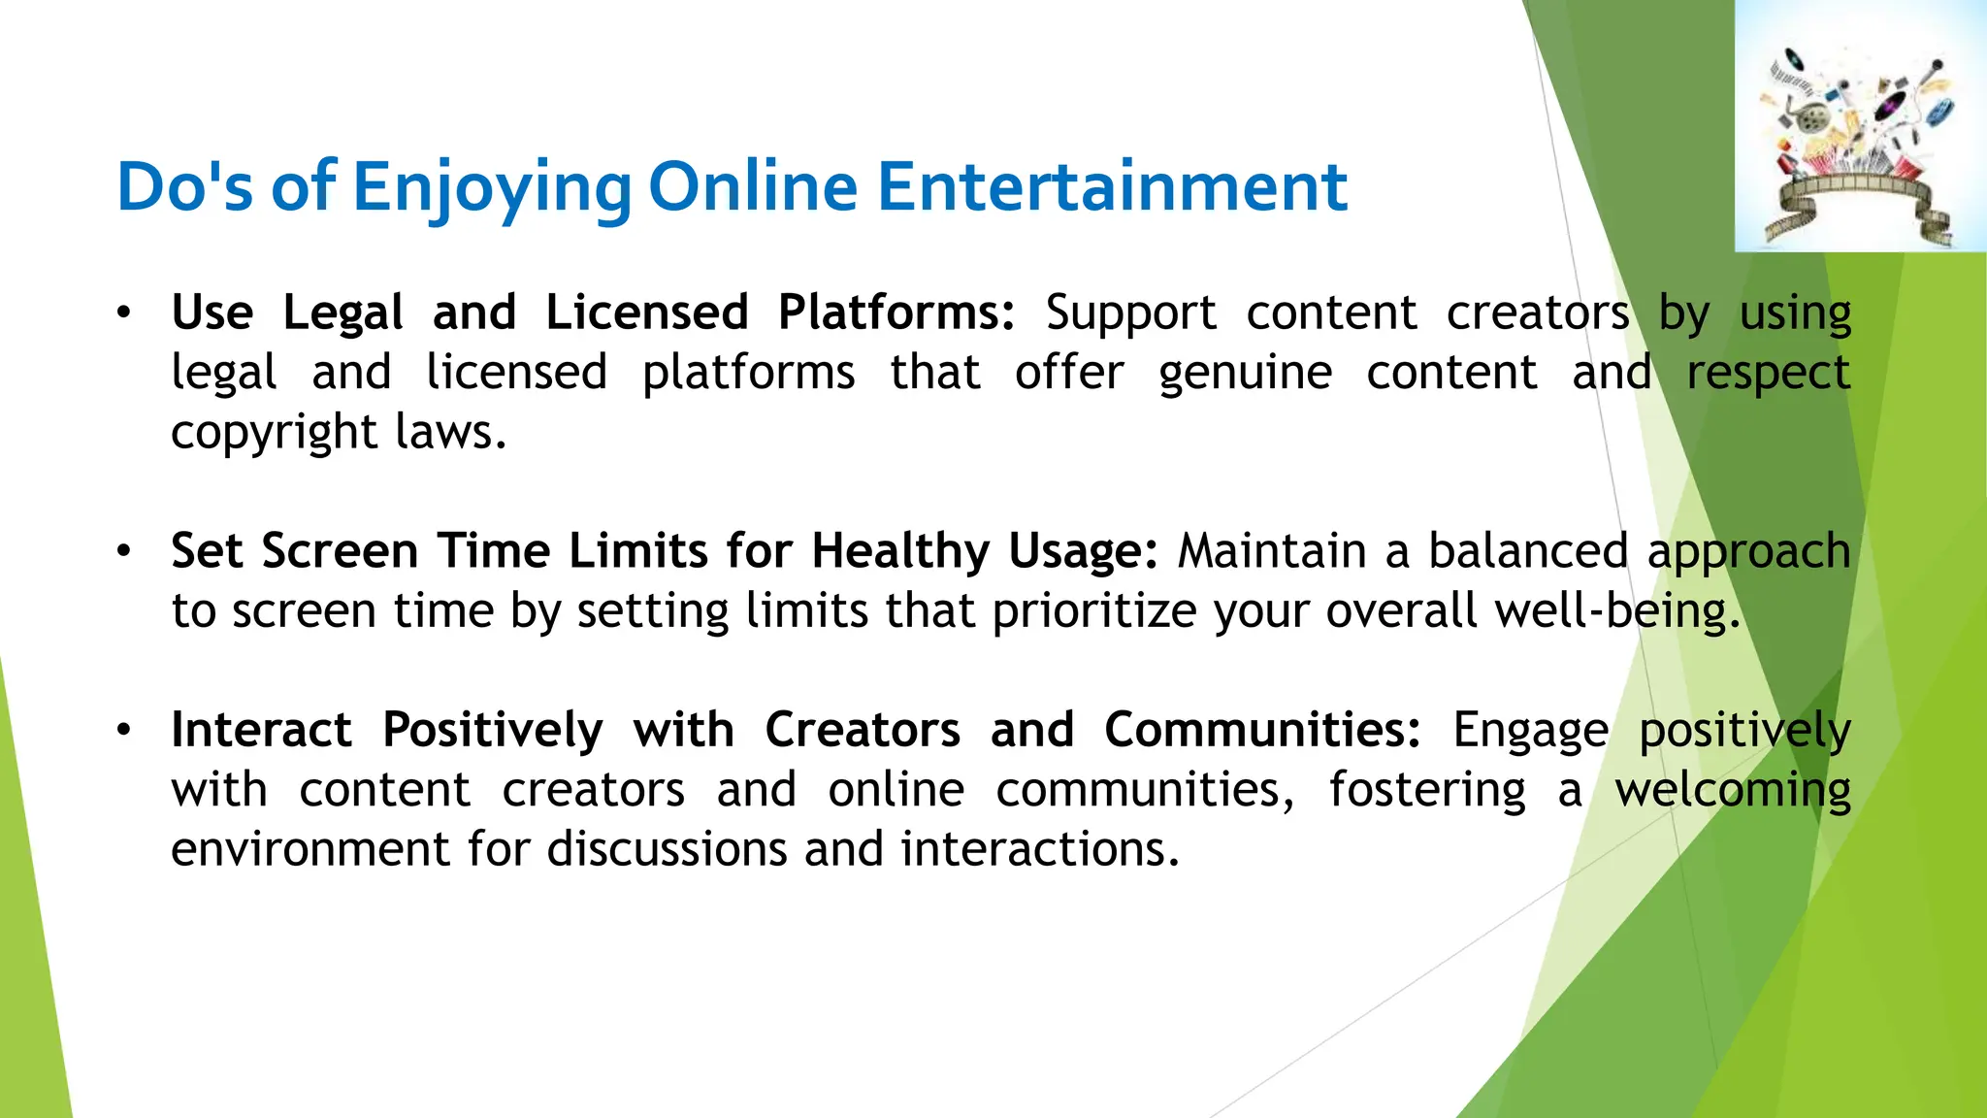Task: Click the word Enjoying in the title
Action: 492,188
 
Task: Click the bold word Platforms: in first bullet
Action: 896,312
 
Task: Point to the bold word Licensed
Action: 647,312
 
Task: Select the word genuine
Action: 1245,374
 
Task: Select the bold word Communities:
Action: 1262,730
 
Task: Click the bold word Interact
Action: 261,730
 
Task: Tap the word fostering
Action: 1427,790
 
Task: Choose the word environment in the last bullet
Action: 309,849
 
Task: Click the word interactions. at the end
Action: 1040,849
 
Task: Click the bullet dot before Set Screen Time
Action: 123,551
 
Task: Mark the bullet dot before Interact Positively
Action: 123,730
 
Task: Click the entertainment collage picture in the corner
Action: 1860,126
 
